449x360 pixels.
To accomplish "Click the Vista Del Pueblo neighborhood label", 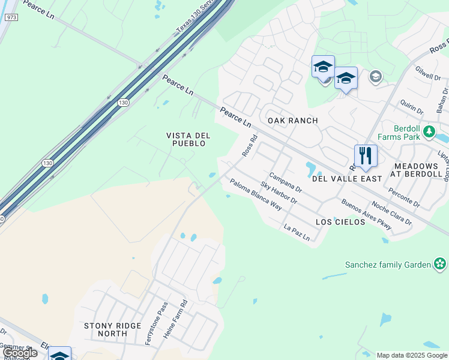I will pyautogui.click(x=187, y=139).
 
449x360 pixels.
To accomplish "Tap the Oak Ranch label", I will pyautogui.click(x=292, y=121).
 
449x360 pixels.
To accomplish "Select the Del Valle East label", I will pyautogui.click(x=347, y=179).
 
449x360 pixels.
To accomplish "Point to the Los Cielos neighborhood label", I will pyautogui.click(x=340, y=222).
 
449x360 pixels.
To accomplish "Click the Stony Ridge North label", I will pyautogui.click(x=113, y=329).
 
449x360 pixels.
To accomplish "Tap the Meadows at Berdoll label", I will pyautogui.click(x=421, y=170).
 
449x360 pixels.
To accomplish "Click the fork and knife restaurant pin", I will pyautogui.click(x=366, y=156).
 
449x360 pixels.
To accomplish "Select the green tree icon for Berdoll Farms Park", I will pyautogui.click(x=429, y=131).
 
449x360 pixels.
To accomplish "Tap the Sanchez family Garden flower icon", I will pyautogui.click(x=441, y=263).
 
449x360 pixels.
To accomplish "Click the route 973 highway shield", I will pyautogui.click(x=10, y=17).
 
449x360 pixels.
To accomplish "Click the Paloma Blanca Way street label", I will pyautogui.click(x=256, y=195).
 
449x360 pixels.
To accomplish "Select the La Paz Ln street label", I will pyautogui.click(x=297, y=233).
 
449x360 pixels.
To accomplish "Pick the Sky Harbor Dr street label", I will pyautogui.click(x=279, y=192).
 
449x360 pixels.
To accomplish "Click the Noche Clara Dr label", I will pyautogui.click(x=391, y=212).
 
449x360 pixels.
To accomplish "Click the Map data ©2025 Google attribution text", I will pyautogui.click(x=412, y=355).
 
